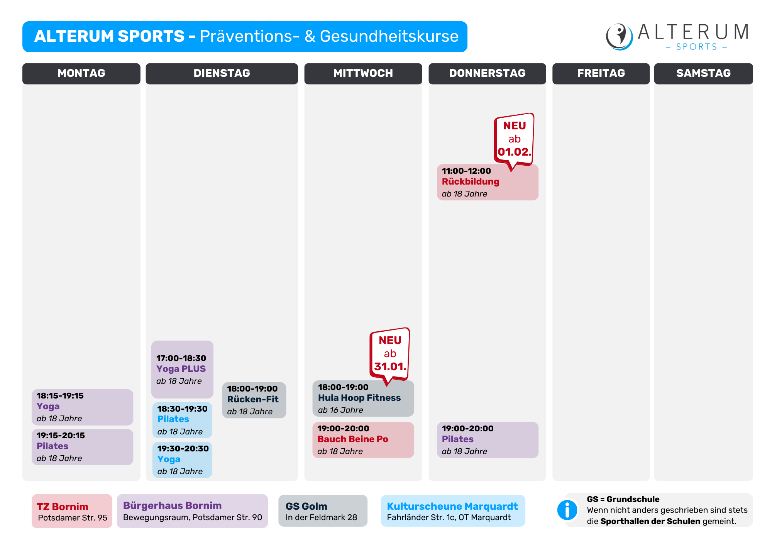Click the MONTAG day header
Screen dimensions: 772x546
click(81, 73)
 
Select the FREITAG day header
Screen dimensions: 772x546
click(601, 73)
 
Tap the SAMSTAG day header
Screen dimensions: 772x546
click(703, 73)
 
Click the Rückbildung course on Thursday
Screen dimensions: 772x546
click(488, 182)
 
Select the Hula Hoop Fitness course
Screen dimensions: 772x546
click(363, 398)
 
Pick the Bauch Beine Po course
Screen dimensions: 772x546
click(363, 440)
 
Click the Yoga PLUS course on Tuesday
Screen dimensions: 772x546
click(182, 369)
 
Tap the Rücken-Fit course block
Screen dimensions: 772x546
click(254, 400)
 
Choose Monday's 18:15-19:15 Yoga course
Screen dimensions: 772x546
click(82, 407)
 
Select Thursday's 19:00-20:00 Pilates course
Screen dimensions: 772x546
click(488, 440)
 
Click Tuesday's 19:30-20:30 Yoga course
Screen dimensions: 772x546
click(182, 460)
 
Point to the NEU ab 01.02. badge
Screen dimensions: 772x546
click(514, 139)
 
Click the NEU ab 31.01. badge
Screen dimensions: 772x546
click(389, 354)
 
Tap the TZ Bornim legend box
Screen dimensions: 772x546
click(72, 511)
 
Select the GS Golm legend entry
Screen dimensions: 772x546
click(323, 511)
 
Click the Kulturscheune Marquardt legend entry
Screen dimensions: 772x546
click(453, 511)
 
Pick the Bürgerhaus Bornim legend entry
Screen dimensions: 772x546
click(192, 511)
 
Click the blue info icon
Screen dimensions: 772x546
click(567, 510)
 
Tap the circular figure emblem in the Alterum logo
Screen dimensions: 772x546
click(619, 37)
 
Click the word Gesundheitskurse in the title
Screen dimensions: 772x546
click(389, 36)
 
